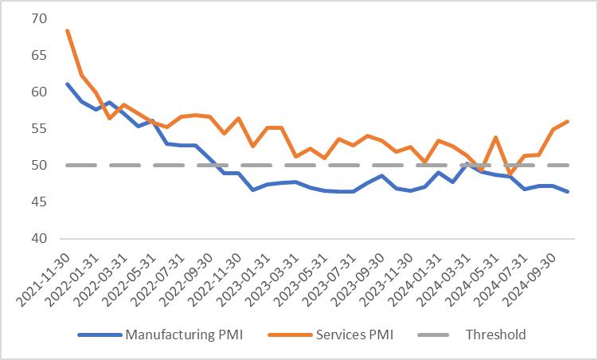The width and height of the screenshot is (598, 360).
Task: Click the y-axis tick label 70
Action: (x=39, y=18)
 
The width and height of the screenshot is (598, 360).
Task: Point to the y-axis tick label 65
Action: (x=39, y=55)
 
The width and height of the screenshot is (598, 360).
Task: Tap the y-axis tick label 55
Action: (x=39, y=128)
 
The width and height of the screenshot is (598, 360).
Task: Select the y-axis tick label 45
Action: (x=39, y=202)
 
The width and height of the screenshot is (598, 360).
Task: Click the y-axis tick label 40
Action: (x=39, y=239)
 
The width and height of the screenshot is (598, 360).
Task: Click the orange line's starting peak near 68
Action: (x=68, y=30)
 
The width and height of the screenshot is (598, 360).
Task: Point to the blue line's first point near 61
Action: (x=68, y=84)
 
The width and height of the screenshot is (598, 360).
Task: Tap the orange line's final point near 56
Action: (x=567, y=121)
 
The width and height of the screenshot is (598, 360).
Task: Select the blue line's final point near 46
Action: (x=567, y=192)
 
